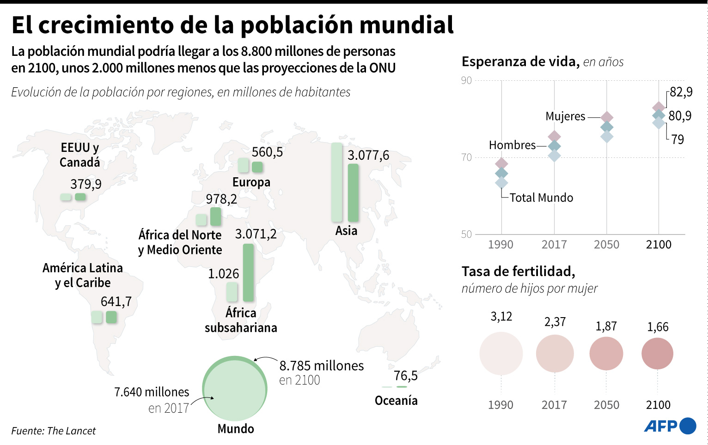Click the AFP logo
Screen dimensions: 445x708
pos(670,426)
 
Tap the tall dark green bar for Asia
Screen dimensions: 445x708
pos(353,193)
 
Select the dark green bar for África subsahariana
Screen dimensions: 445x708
pos(248,272)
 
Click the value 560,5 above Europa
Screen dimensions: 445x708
pos(267,152)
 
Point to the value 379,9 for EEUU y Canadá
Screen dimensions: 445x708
pos(86,184)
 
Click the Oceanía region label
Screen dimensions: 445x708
pos(396,400)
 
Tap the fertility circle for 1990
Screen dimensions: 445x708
pos(501,354)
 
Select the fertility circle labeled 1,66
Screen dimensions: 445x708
pos(657,354)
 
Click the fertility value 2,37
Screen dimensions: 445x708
pos(555,322)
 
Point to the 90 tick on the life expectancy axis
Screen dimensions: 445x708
pos(466,81)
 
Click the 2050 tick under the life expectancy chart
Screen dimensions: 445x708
pos(606,244)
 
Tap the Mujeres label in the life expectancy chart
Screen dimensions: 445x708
pos(565,116)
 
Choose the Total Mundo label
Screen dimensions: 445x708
pos(541,198)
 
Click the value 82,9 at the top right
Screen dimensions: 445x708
pos(681,92)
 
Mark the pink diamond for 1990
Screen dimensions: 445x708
pos(501,164)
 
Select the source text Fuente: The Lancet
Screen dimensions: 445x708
pos(54,431)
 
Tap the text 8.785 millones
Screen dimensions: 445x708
pos(322,366)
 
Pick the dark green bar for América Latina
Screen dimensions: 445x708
pos(111,317)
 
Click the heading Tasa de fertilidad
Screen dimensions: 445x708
pos(518,271)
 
